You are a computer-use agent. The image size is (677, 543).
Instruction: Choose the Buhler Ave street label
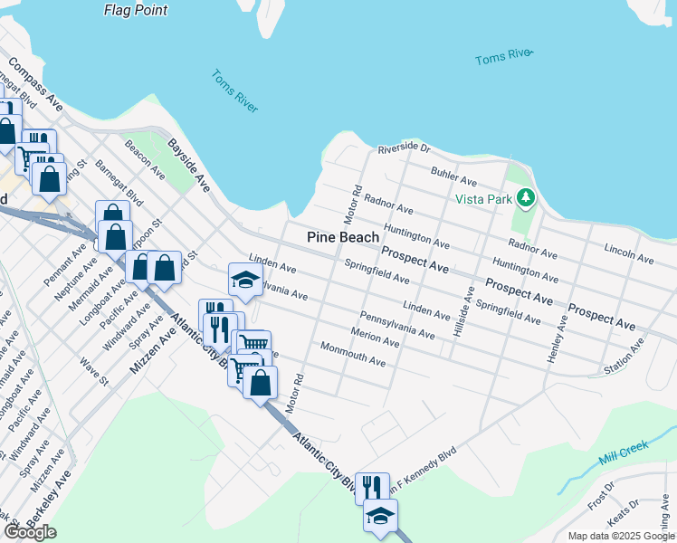point(453,170)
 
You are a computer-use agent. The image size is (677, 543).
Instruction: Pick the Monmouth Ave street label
point(353,355)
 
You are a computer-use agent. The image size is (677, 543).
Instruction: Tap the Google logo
point(30,532)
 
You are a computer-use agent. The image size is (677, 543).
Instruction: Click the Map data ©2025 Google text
point(620,536)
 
